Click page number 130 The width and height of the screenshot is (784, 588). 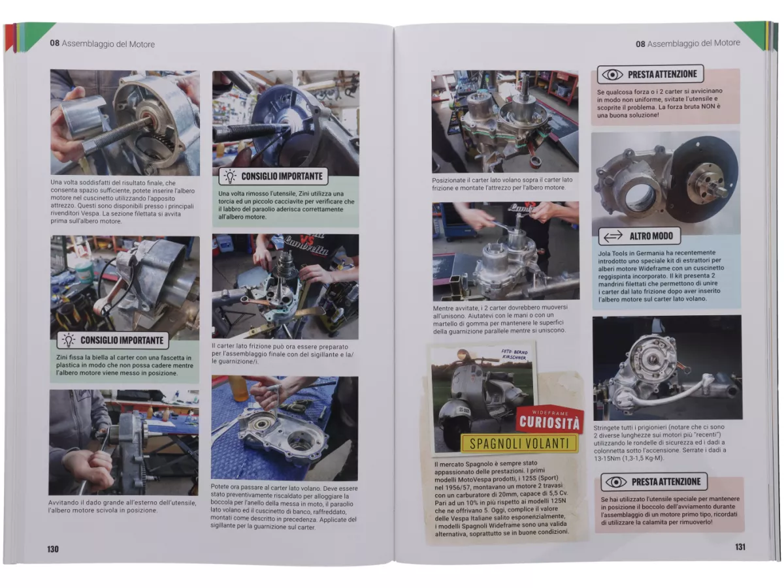(x=53, y=549)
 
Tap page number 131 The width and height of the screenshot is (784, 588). (x=740, y=547)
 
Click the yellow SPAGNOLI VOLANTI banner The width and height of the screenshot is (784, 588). (x=519, y=444)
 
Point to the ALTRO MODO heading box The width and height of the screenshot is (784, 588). (x=640, y=236)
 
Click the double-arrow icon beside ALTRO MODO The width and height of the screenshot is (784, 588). (x=613, y=236)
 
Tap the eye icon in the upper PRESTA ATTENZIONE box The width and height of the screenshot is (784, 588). (x=612, y=74)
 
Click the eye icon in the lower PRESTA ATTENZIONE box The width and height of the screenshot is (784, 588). (x=616, y=482)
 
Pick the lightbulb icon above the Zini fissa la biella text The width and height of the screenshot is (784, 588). (x=68, y=340)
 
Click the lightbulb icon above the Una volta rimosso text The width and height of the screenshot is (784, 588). (x=230, y=176)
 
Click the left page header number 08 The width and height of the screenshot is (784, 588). (x=55, y=44)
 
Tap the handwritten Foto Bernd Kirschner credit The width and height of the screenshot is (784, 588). (x=514, y=354)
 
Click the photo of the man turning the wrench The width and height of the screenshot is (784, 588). (x=123, y=442)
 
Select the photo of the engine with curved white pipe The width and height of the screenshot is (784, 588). (x=667, y=368)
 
